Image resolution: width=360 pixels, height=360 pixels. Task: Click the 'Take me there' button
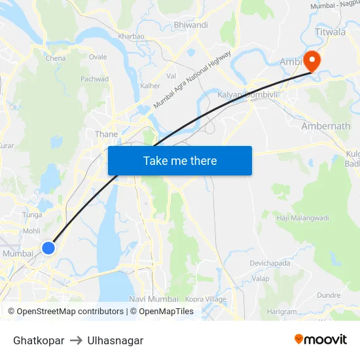(180, 160)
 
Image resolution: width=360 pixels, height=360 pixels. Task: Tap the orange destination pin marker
(312, 60)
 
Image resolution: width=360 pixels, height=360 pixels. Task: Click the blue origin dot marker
(48, 247)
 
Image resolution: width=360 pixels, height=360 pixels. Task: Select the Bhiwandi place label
(190, 25)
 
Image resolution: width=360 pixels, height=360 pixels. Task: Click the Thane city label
(107, 134)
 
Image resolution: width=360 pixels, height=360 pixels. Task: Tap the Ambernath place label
(326, 126)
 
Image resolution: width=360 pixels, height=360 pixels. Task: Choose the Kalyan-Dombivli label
(249, 95)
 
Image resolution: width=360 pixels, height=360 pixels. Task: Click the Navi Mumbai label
(154, 299)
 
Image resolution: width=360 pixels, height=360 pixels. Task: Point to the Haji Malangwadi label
(302, 218)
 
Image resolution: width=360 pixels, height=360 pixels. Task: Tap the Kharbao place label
(131, 37)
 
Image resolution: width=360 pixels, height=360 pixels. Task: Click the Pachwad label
(94, 79)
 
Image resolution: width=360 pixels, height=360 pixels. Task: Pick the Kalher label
(150, 86)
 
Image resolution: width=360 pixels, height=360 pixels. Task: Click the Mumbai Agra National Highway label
(192, 80)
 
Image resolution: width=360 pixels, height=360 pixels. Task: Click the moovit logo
(320, 339)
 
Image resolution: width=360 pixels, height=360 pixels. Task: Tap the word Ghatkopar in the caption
(39, 340)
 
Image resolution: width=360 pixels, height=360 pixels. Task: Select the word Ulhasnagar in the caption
(115, 340)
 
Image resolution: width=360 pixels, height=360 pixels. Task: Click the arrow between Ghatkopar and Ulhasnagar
(76, 340)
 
